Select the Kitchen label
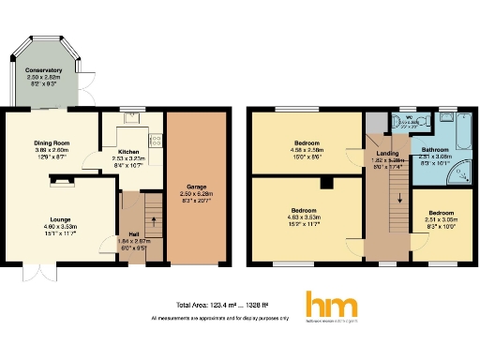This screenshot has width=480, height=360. coord(128,151)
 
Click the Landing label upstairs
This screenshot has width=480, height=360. coord(388,154)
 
